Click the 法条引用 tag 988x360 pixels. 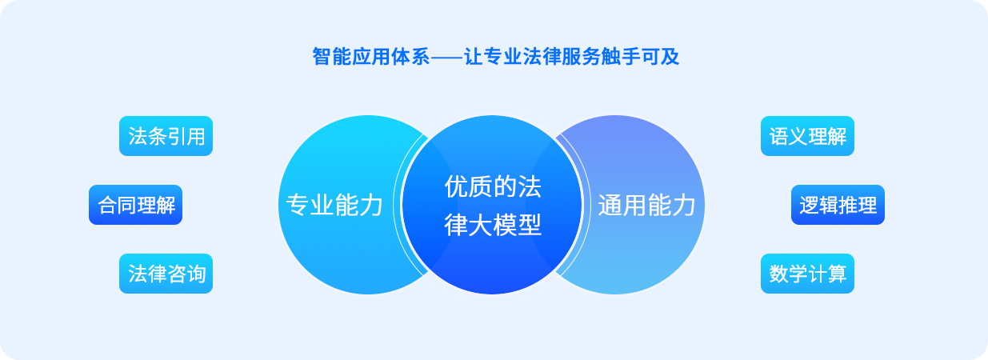click(166, 137)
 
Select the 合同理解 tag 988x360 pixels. click(136, 206)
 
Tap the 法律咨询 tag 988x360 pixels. click(166, 274)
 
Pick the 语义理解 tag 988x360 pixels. click(807, 137)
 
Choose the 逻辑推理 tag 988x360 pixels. click(838, 206)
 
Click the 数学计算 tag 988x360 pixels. click(807, 274)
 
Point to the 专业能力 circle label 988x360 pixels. click(334, 206)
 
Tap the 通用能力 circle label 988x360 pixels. click(646, 206)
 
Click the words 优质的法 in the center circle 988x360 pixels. click(492, 187)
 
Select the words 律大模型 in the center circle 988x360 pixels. click(492, 226)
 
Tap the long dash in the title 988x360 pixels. click(446, 58)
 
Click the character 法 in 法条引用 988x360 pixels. click(138, 137)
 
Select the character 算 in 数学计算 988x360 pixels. click(837, 274)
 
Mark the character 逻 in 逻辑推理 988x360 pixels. click(809, 206)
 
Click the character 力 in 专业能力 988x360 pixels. click(371, 206)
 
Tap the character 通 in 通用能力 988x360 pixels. click(610, 206)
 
